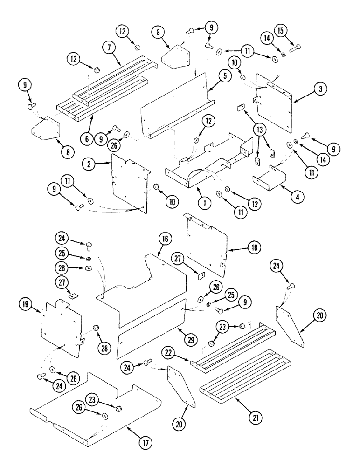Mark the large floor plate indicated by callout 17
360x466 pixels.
coord(93,405)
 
